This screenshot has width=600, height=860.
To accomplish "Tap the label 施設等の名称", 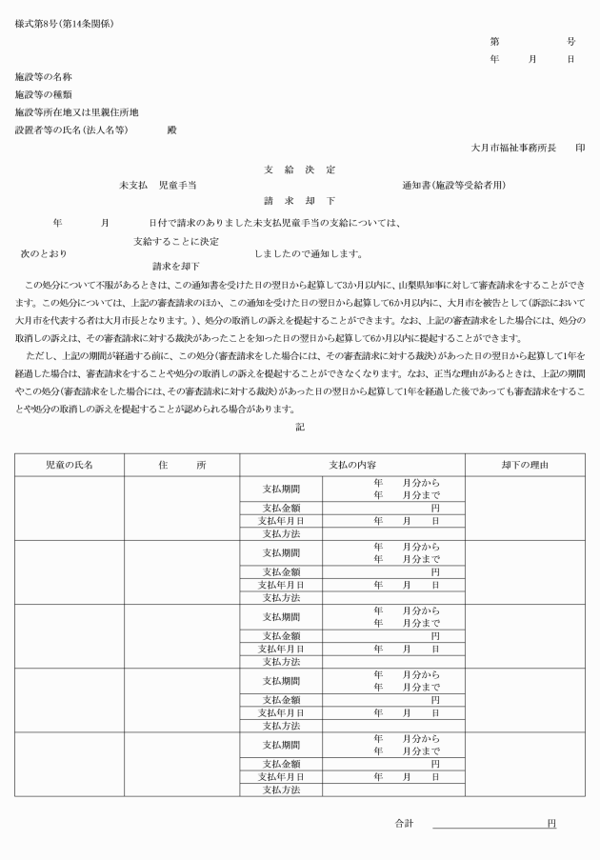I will click(44, 75).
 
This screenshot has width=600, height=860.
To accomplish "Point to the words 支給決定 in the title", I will click(299, 169).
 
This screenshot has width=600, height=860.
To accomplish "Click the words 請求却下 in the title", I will click(299, 201).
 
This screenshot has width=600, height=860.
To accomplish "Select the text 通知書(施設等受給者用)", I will click(452, 185).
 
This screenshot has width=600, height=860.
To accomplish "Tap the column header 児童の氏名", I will click(70, 465).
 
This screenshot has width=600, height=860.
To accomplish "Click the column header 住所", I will click(182, 465).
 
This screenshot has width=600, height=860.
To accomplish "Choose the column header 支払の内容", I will click(351, 465).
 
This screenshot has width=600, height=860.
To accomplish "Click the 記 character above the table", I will click(300, 427).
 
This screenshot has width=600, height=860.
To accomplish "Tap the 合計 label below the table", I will click(405, 823).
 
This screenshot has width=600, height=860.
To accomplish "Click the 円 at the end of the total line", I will click(550, 823).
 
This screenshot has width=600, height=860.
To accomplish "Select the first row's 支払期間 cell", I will click(281, 489).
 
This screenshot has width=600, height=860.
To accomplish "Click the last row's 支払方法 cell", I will click(281, 790).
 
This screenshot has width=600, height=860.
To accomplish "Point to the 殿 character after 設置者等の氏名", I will click(171, 130).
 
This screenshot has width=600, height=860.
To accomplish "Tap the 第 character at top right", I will click(494, 42).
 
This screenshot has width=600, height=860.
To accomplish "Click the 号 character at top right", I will click(570, 42).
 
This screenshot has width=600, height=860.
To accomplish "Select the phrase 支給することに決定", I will click(176, 241).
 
